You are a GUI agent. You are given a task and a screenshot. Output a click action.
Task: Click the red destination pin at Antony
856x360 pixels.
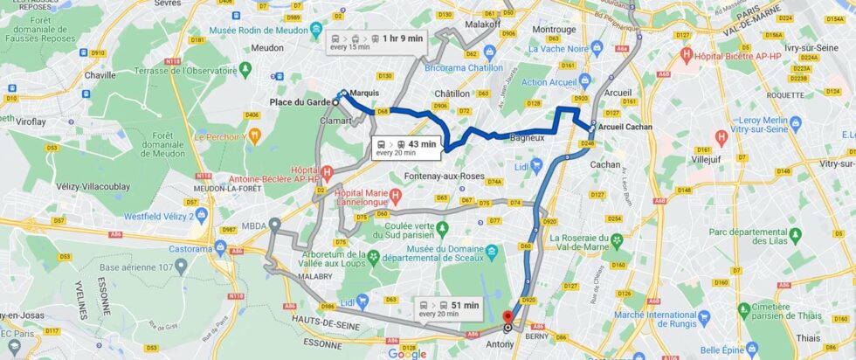click(508, 316)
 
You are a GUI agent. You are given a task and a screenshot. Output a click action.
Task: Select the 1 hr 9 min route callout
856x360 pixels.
click(377, 42)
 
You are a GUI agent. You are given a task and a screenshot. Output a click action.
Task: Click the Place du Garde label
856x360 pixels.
click(300, 102)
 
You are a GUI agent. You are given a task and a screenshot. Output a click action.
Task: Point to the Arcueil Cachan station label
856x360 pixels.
click(626, 127)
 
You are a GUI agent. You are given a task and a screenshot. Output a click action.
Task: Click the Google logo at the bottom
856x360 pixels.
click(406, 353)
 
